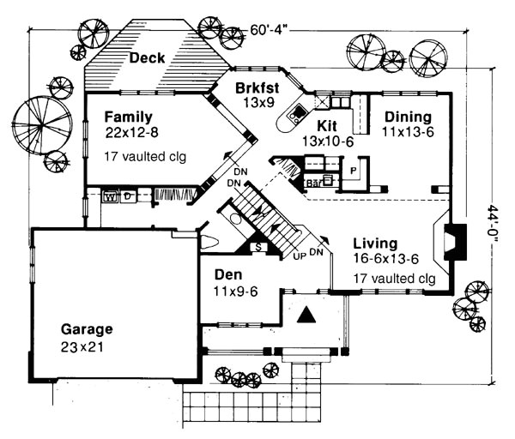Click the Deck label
[x=148, y=58]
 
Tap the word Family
[x=128, y=117]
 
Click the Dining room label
[x=408, y=117]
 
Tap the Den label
[x=228, y=276]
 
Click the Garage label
[x=87, y=328]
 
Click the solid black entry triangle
[x=305, y=316]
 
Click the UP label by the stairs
[x=299, y=256]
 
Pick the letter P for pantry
[x=354, y=171]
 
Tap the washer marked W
[x=109, y=196]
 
